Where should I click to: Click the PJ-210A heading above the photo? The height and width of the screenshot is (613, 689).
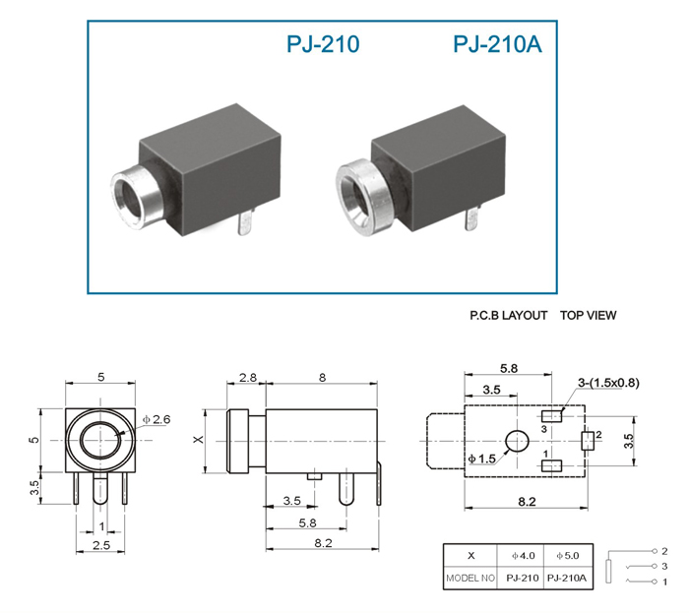tap(497, 44)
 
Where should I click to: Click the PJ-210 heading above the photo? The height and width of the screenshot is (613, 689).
tap(323, 44)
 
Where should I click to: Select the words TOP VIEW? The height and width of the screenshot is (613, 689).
tap(588, 315)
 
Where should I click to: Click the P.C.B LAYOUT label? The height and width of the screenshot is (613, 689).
tap(509, 315)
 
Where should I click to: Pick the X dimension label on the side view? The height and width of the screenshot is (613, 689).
tap(199, 439)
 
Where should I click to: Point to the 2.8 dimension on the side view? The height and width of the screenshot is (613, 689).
tap(247, 378)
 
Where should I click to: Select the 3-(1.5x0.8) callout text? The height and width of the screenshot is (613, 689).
tap(608, 383)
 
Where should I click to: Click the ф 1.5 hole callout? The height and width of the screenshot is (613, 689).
tap(481, 459)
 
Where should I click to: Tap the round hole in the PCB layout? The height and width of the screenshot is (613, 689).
tap(517, 442)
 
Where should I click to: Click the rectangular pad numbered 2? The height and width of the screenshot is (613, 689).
tap(588, 441)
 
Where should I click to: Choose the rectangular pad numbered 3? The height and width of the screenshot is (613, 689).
tap(551, 416)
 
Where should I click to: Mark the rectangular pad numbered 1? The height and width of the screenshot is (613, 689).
tap(551, 465)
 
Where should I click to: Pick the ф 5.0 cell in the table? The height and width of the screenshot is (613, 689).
tap(568, 556)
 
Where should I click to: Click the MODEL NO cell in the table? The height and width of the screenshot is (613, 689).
tap(470, 579)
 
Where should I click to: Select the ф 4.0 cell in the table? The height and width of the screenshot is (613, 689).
tap(523, 556)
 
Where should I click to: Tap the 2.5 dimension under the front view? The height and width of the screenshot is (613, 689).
tap(101, 545)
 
